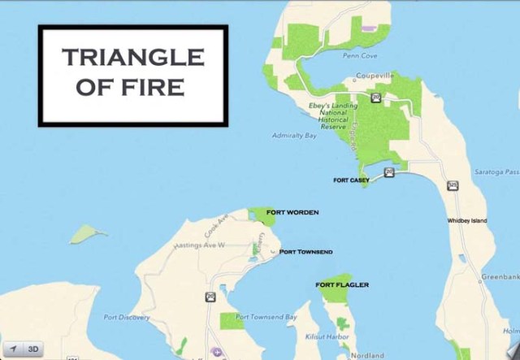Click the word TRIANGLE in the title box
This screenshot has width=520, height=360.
(132, 57)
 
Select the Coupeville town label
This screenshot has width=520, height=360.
(375, 76)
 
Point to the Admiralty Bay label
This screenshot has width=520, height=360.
(294, 136)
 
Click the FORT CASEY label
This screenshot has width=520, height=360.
(352, 180)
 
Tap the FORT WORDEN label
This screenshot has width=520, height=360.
(292, 212)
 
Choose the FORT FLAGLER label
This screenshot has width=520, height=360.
(342, 284)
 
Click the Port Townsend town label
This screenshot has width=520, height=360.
(305, 252)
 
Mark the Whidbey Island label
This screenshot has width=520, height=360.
(467, 220)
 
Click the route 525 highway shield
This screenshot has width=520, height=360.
(452, 186)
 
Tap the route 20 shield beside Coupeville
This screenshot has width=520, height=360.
(375, 98)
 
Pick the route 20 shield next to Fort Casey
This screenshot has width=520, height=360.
(390, 171)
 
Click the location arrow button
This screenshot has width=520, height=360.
(12, 349)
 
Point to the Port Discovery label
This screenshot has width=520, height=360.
(123, 317)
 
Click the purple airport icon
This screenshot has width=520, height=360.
(216, 353)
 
